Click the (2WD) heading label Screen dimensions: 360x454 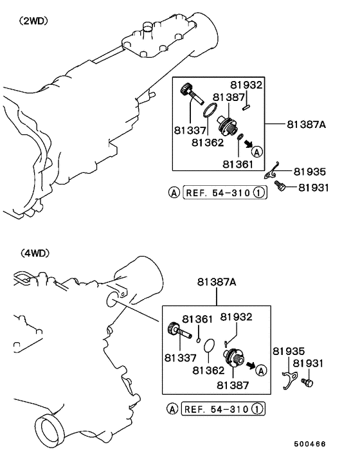coord(33,21)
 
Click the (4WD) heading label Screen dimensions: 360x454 coord(35,253)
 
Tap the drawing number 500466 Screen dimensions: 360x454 coord(310,444)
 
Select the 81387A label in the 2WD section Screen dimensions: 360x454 coord(306,124)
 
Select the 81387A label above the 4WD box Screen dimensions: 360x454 coord(217,282)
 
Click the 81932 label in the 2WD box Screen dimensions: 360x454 coord(246,85)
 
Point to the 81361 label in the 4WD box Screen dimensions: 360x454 coord(197,319)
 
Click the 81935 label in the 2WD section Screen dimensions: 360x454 coord(310,172)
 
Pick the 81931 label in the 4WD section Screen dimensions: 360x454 coord(308,363)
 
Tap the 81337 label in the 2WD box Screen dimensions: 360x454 coord(190,131)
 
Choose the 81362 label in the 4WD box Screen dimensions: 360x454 coord(208,370)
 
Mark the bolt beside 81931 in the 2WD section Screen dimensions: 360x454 coord(280,186)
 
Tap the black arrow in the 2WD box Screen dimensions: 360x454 coord(248,143)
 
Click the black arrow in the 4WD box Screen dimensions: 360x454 coord(251,366)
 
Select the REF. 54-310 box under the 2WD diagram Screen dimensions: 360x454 coord(225,192)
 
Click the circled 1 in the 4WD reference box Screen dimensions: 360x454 coord(257,409)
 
